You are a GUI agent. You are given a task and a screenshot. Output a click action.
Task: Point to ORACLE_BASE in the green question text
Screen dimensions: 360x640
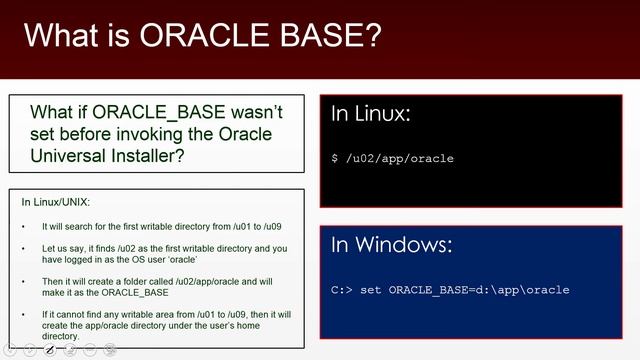[151, 112]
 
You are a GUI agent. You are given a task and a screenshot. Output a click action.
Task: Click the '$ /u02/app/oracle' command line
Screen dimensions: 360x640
[393, 158]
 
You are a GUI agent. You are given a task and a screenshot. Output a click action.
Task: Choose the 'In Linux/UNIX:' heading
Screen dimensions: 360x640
[56, 202]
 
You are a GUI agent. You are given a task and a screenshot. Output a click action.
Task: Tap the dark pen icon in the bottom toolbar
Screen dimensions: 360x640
[50, 350]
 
